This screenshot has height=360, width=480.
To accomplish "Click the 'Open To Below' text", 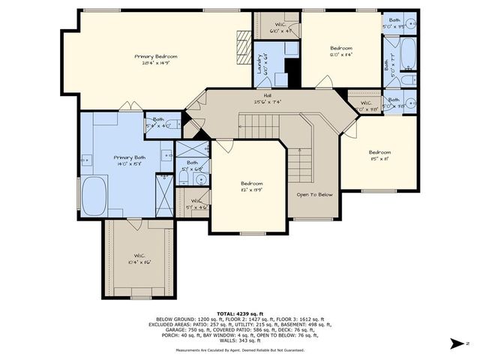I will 314,194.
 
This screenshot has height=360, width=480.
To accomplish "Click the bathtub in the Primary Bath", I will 94,196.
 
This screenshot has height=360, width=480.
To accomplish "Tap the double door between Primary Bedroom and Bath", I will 131,108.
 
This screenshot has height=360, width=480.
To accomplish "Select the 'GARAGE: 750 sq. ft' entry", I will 177,328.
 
